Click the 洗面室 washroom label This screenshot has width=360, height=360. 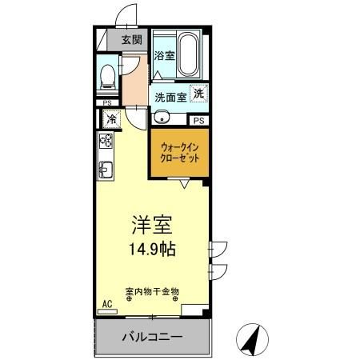pyautogui.click(x=170, y=97)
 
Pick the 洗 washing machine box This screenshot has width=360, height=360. pyautogui.click(x=198, y=92)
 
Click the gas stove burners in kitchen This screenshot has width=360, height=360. pyautogui.click(x=106, y=142)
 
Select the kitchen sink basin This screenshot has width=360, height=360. pyautogui.click(x=106, y=170)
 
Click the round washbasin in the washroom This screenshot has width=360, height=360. pyautogui.click(x=162, y=118)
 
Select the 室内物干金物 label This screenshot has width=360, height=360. pyautogui.click(x=152, y=292)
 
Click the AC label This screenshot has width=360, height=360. pyautogui.click(x=106, y=304)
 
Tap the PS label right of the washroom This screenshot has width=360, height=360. pyautogui.click(x=198, y=120)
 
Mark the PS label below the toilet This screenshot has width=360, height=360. pyautogui.click(x=106, y=102)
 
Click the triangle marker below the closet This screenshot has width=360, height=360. pyautogui.click(x=184, y=185)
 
